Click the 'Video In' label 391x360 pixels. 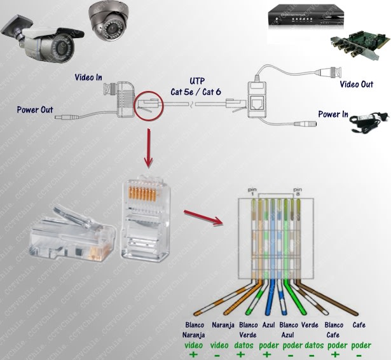pos(89,77)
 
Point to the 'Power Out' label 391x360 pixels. pos(35,109)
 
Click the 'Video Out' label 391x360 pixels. pos(356,84)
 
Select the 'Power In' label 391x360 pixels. pos(333,114)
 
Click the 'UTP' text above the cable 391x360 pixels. pos(197,81)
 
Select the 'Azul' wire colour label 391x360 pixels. pos(268,324)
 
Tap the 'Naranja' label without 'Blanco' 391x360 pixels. pos(224,324)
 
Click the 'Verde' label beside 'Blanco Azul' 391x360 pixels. pos(310,324)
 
